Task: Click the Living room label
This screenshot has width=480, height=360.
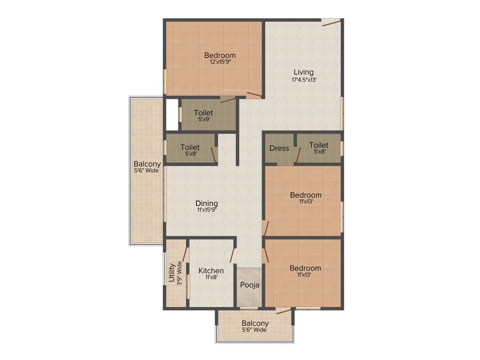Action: [x=303, y=72]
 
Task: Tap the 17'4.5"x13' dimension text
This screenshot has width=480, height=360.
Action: [x=304, y=80]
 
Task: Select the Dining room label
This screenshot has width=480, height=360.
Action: [x=207, y=203]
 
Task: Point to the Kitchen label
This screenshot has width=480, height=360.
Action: [x=211, y=270]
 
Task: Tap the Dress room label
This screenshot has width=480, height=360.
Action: [x=279, y=148]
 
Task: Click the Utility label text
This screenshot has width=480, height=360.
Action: [x=172, y=274]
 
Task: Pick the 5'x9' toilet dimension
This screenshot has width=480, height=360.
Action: [x=203, y=119]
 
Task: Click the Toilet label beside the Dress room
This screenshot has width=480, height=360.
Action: [x=319, y=145]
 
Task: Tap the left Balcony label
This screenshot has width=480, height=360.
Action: [x=147, y=164]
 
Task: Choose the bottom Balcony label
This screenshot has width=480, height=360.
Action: [x=255, y=323]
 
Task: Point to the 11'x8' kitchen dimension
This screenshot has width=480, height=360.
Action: [x=210, y=277]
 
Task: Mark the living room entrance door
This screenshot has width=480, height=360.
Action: [x=330, y=22]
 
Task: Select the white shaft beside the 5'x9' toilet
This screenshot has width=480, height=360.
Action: [x=172, y=114]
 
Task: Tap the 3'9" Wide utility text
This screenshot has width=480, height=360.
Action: [x=179, y=274]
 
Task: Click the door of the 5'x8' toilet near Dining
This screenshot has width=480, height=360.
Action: [x=214, y=155]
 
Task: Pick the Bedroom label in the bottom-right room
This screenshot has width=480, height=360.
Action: [x=305, y=268]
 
